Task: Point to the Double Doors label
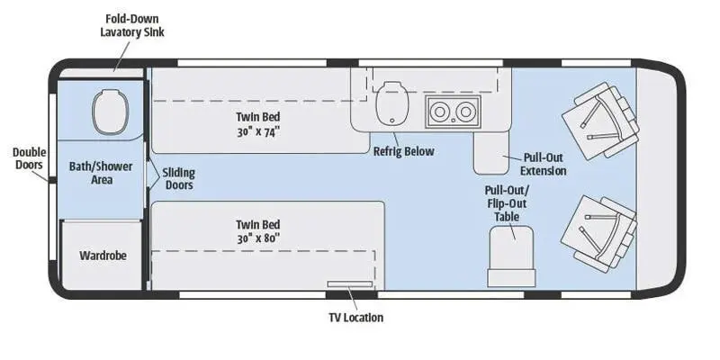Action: [29, 158]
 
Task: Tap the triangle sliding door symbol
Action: [153, 174]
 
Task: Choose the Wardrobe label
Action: [103, 256]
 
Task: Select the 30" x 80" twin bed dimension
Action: [259, 238]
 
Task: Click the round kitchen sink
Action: [391, 104]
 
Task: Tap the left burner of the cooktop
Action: [442, 112]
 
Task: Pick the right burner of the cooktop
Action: [464, 112]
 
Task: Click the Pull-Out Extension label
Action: [544, 164]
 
